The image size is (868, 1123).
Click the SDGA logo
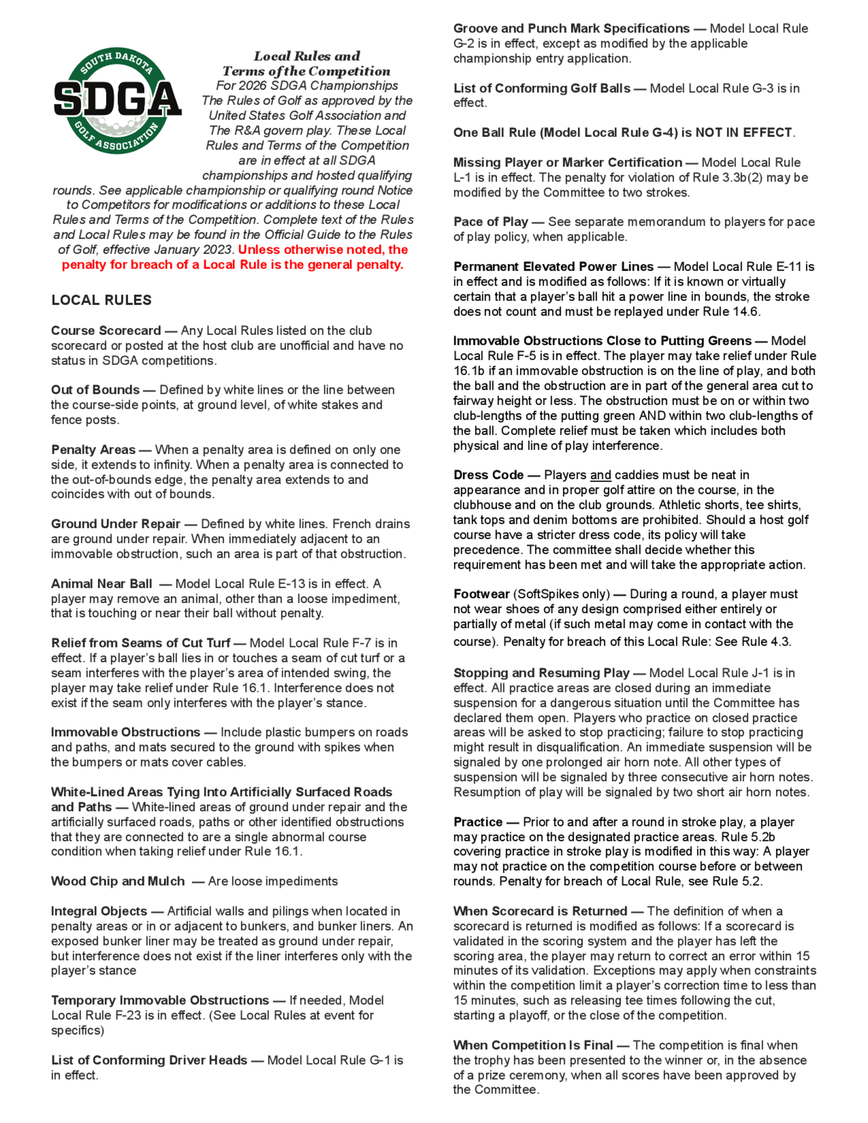(x=117, y=100)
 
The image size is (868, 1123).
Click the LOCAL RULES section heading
(x=101, y=300)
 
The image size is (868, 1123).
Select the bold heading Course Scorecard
(x=106, y=331)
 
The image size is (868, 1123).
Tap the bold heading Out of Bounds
(x=95, y=390)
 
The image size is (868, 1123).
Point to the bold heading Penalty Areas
(x=93, y=450)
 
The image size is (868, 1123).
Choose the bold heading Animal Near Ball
(x=101, y=584)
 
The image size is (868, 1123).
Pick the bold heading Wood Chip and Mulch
(x=118, y=881)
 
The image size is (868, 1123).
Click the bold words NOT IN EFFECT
(x=743, y=133)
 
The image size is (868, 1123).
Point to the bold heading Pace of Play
(x=490, y=222)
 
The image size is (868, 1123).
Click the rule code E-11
(x=785, y=267)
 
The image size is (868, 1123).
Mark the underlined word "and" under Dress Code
(x=601, y=475)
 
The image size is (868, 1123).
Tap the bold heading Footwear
(x=481, y=594)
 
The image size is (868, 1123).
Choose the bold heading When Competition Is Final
(x=533, y=1045)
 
